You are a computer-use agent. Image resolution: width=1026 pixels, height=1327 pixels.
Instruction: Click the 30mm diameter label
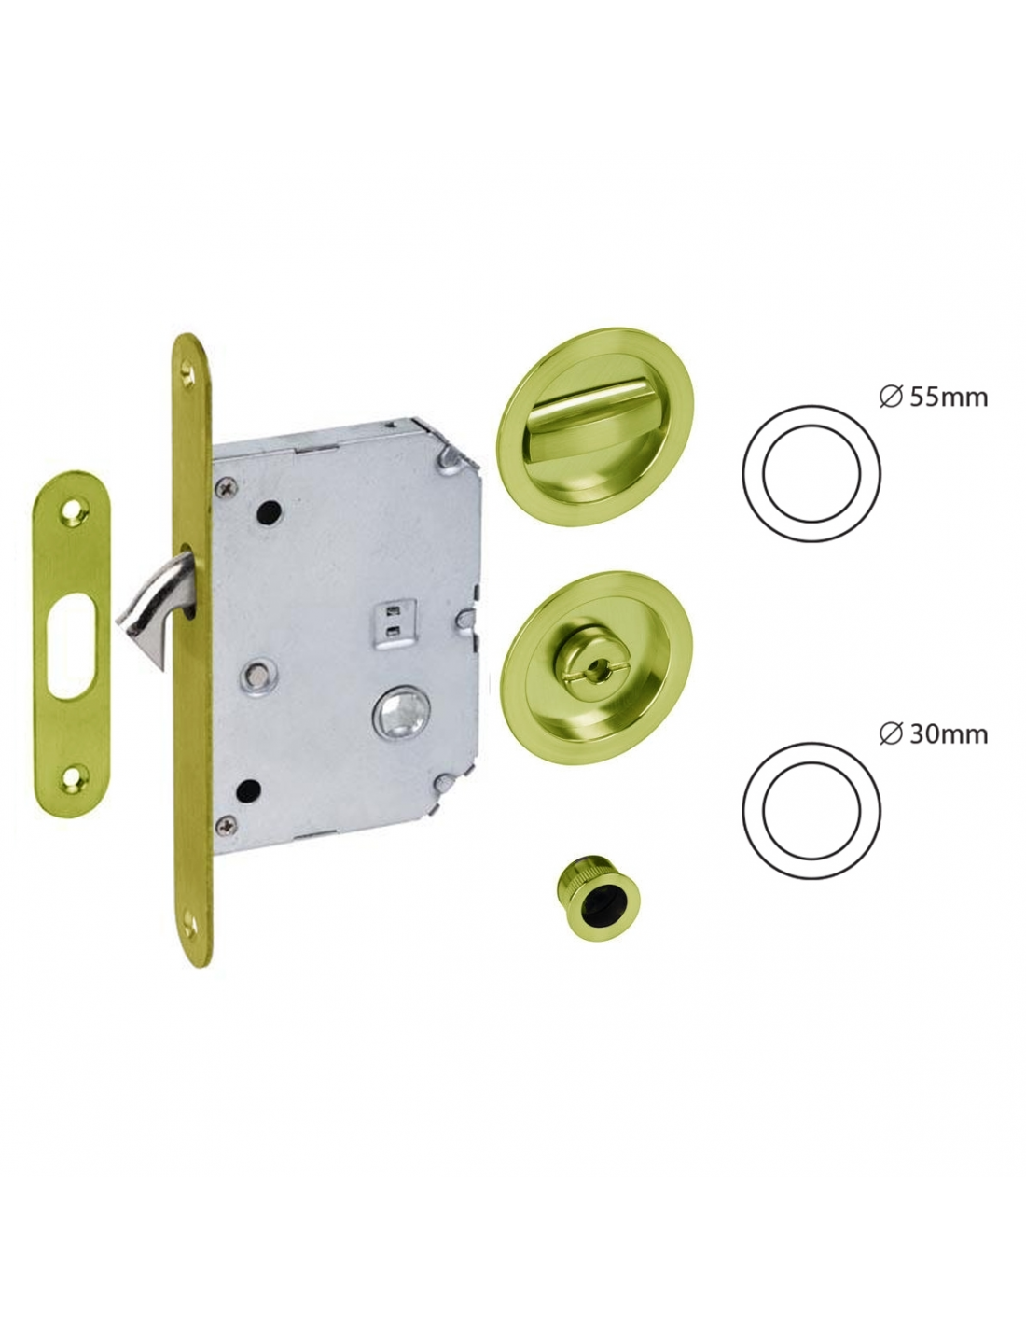click(x=933, y=734)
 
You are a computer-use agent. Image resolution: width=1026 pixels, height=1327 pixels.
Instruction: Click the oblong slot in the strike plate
click(x=73, y=646)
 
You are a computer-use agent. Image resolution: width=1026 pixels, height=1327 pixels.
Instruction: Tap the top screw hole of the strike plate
click(x=75, y=511)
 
